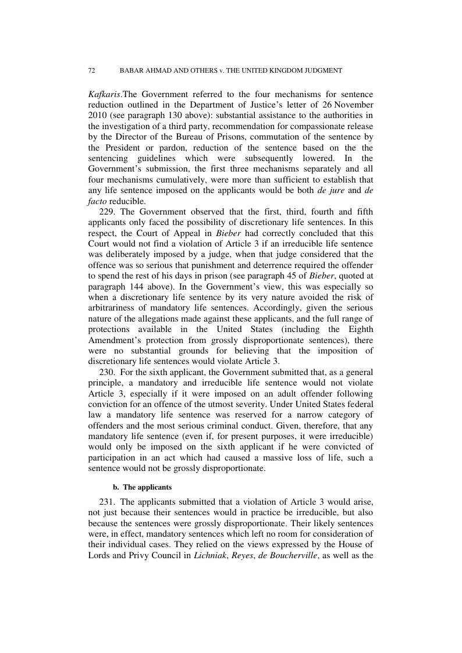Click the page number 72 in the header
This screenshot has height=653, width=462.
pyautogui.click(x=91, y=70)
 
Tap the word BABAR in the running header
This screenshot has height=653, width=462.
pyautogui.click(x=133, y=70)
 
